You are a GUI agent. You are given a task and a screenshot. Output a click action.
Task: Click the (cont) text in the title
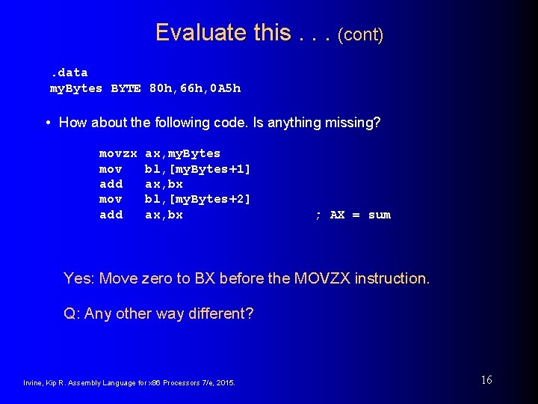tap(361, 34)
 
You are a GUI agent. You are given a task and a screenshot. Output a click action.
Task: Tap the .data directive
tap(69, 73)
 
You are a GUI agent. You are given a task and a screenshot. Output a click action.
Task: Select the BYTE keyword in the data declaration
tap(126, 88)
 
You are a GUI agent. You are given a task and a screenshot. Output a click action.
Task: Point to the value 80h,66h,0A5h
tap(195, 88)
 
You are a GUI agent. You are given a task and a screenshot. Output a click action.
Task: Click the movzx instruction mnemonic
tap(118, 153)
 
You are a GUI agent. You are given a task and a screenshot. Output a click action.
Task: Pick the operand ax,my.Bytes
tap(182, 153)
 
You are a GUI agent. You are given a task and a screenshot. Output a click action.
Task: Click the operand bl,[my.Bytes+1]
tap(197, 169)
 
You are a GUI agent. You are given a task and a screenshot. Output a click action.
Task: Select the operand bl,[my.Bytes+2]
tap(197, 200)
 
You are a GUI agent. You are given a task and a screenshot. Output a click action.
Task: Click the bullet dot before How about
tap(48, 122)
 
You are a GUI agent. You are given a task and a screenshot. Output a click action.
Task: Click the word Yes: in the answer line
tap(78, 278)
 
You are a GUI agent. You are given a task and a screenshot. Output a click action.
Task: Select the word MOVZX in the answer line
tap(322, 278)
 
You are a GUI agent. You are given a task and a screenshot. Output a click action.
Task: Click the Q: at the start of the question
tap(72, 313)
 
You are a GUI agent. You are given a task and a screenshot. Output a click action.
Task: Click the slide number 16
tap(486, 380)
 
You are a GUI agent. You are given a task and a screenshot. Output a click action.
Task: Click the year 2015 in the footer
tap(224, 383)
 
